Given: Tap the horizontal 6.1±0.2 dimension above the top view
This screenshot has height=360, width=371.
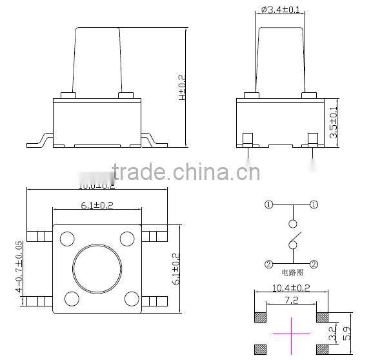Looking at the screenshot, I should pos(97,205).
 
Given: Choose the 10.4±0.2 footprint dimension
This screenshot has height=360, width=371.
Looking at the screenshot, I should pos(292,287).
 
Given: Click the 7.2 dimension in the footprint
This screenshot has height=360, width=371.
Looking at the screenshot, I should pos(291,300).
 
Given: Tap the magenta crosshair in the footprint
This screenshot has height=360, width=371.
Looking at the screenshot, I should pos(291,334).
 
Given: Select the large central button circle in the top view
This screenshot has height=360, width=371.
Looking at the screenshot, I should pos(98,268).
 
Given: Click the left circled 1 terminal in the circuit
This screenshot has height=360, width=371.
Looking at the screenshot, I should pos(268,205).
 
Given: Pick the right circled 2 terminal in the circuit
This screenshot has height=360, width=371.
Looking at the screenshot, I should pos(314,264).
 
